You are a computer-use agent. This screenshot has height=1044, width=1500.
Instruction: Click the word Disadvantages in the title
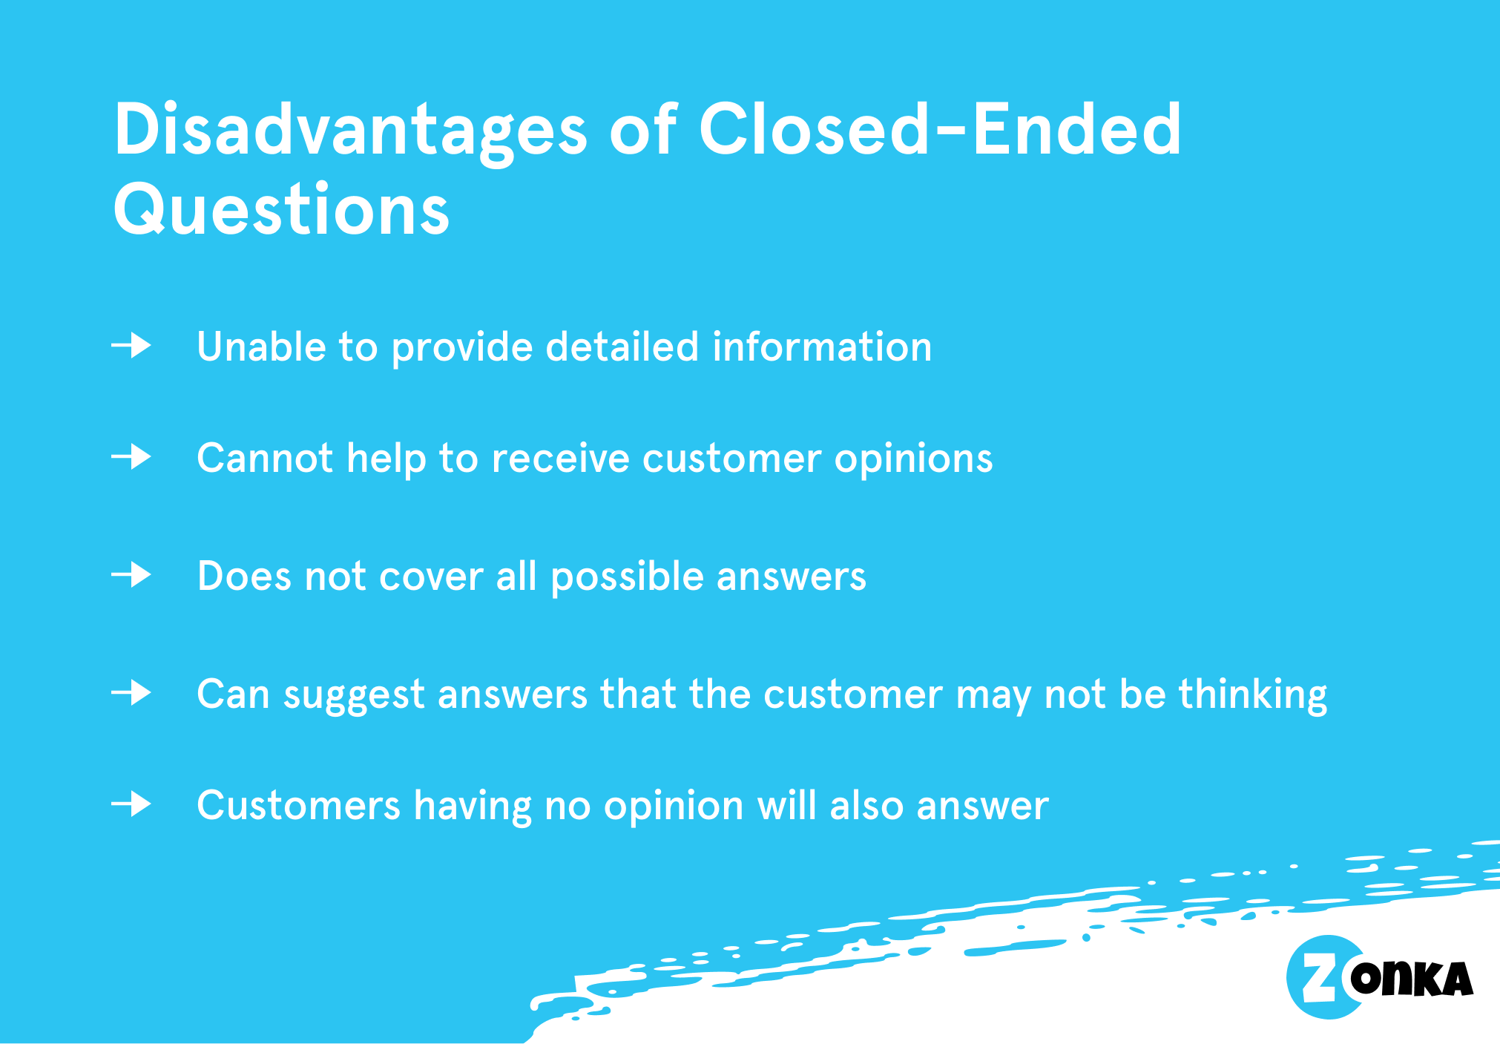(x=351, y=132)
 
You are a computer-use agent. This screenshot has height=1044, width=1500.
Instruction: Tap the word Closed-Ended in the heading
(x=940, y=129)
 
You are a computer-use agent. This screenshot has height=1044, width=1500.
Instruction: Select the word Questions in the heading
(x=281, y=210)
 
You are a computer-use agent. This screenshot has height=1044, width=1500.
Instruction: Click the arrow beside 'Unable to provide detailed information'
(x=131, y=346)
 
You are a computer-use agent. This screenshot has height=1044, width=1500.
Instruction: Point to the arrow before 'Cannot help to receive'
(x=131, y=456)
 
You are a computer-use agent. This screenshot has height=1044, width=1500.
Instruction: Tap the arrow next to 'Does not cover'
(x=131, y=575)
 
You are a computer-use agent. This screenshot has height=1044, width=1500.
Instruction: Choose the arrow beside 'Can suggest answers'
(x=131, y=693)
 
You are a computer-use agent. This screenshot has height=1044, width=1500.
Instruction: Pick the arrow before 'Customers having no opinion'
(x=131, y=804)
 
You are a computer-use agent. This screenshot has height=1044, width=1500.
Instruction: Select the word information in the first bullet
(x=822, y=347)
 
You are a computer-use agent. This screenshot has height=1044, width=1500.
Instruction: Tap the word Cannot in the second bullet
(x=265, y=458)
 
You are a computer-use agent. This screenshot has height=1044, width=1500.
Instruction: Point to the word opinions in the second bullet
(x=914, y=460)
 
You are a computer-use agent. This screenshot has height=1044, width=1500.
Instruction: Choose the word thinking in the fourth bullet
(x=1253, y=696)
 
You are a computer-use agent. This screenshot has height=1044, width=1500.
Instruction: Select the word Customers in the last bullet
(x=299, y=806)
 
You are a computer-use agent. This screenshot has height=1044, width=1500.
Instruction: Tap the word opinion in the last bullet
(x=674, y=807)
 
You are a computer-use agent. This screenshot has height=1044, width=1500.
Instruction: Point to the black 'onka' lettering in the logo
(x=1412, y=979)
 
